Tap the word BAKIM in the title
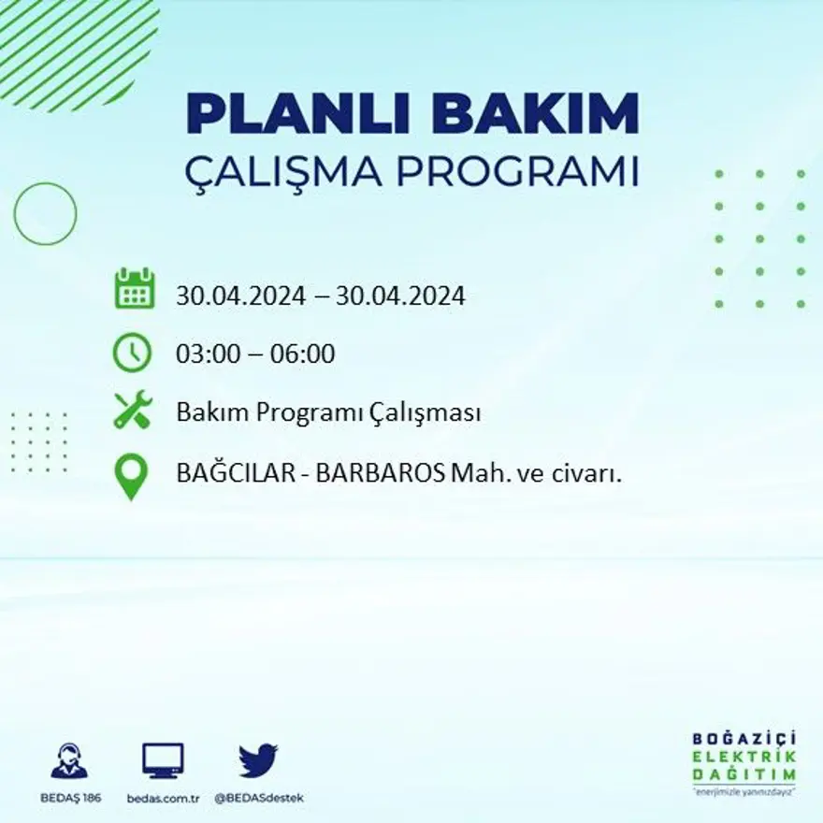(529, 115)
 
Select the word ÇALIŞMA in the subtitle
(285, 172)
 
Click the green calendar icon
(134, 289)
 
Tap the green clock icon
(132, 353)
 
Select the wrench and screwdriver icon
(132, 411)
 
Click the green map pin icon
(132, 475)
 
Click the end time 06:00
(302, 354)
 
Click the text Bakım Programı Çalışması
(328, 413)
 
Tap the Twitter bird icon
(258, 759)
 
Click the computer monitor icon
(163, 760)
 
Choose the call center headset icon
(69, 760)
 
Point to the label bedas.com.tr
(164, 798)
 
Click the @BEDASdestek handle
(259, 798)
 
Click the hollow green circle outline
(45, 214)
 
